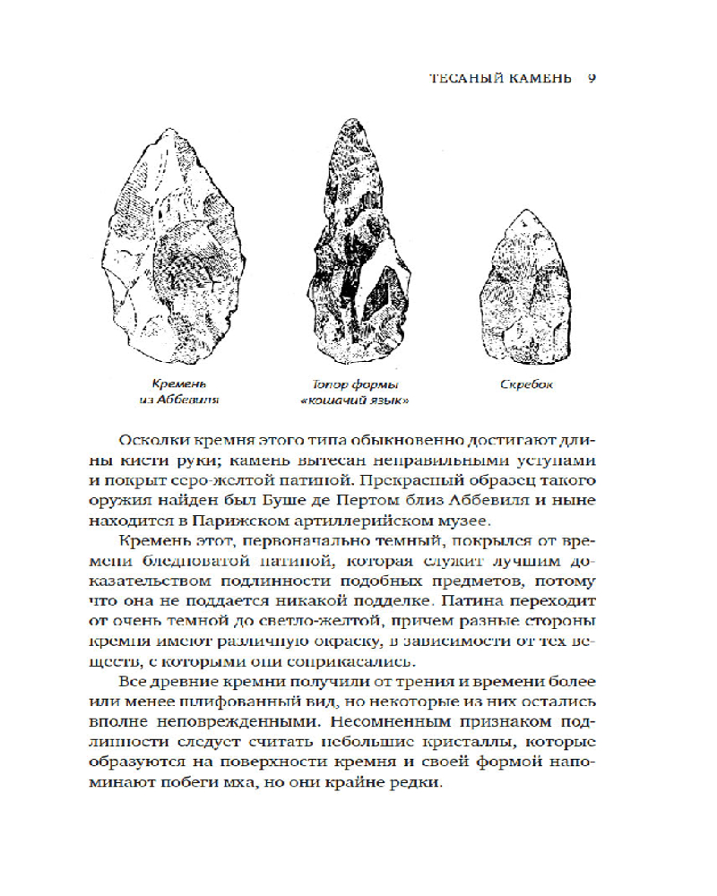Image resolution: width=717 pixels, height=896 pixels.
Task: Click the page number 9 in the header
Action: [592, 78]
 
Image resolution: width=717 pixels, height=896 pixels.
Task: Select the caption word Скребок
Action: [527, 384]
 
